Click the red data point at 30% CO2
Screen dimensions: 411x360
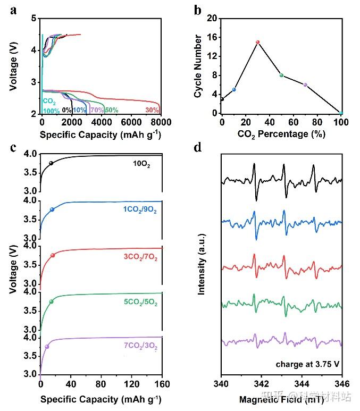pyautogui.click(x=257, y=42)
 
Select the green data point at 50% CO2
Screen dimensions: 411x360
pyautogui.click(x=281, y=76)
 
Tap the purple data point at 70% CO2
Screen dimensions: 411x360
pyautogui.click(x=305, y=85)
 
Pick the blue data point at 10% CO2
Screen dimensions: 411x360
pyautogui.click(x=234, y=89)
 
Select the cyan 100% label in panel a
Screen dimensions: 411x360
pyautogui.click(x=51, y=111)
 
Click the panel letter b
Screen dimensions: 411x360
pyautogui.click(x=197, y=9)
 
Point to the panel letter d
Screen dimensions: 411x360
pyautogui.click(x=197, y=147)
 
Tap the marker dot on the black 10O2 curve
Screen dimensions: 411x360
pyautogui.click(x=51, y=163)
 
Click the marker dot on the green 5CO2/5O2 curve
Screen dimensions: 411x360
pyautogui.click(x=51, y=302)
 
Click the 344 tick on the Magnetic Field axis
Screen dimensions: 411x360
pyautogui.click(x=302, y=384)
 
